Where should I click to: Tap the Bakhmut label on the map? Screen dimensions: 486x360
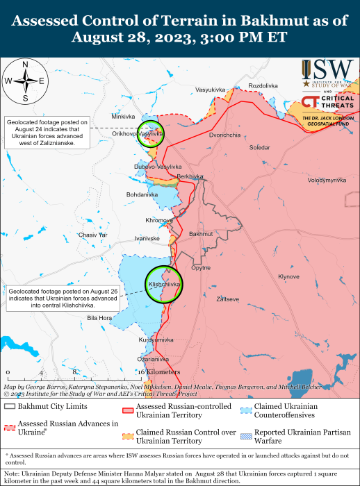pyautogui.click(x=200, y=234)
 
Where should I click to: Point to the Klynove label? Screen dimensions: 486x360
pyautogui.click(x=288, y=276)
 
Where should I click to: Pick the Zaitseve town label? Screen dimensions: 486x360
pyautogui.click(x=228, y=299)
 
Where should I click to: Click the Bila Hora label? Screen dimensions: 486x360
pyautogui.click(x=99, y=318)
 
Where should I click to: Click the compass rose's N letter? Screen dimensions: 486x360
pyautogui.click(x=25, y=65)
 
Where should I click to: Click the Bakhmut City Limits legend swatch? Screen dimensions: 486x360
pyautogui.click(x=10, y=405)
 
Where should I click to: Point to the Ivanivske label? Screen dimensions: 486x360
pyautogui.click(x=147, y=238)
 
